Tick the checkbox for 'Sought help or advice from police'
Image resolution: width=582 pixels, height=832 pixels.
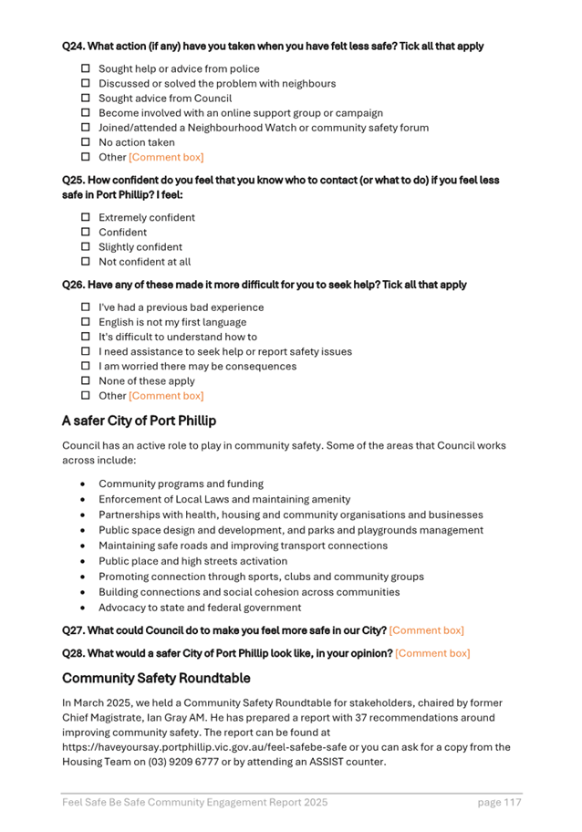(x=86, y=68)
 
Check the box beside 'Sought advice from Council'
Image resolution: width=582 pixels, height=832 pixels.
(x=86, y=99)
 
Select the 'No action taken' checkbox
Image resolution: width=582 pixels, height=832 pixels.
(x=86, y=142)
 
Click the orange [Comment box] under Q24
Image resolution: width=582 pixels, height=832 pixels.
(x=166, y=157)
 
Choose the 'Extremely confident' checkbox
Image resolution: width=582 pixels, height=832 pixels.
(x=86, y=218)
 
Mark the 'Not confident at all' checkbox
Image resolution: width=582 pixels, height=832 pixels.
(x=86, y=262)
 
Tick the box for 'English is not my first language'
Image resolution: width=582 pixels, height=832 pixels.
(x=86, y=322)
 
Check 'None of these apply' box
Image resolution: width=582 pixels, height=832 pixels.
(x=86, y=381)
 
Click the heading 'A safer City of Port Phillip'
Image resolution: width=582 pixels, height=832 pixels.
(x=139, y=421)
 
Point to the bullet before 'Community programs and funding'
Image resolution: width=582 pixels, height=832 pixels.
(x=84, y=484)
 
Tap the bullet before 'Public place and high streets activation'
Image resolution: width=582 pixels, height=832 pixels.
(x=84, y=562)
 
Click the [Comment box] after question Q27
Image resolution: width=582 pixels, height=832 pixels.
(x=426, y=630)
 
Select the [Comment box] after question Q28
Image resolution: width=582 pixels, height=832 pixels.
(x=432, y=653)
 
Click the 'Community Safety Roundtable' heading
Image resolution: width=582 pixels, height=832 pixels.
(x=156, y=679)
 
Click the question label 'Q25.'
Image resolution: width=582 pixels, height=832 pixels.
(x=74, y=181)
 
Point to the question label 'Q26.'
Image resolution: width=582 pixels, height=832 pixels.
(x=74, y=285)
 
